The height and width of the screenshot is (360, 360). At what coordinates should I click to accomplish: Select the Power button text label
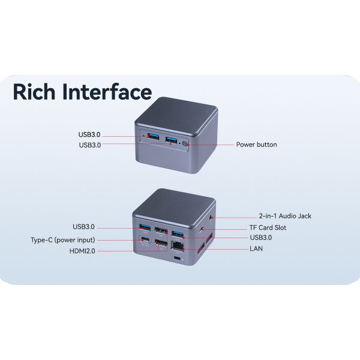(x=256, y=145)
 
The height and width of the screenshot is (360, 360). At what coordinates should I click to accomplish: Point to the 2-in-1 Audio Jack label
(x=285, y=216)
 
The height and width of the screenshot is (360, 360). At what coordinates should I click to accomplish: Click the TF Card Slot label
(x=268, y=228)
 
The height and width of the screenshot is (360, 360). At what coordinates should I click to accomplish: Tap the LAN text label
(x=256, y=248)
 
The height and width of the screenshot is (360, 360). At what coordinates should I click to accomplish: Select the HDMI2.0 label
(x=82, y=251)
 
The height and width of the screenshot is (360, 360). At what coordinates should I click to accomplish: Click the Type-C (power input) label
(x=62, y=240)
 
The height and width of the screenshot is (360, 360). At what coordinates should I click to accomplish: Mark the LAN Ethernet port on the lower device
(x=178, y=245)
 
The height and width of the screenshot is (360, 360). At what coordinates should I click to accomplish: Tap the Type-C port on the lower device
(x=145, y=242)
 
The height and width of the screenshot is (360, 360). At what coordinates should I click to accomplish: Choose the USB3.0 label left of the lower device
(x=83, y=227)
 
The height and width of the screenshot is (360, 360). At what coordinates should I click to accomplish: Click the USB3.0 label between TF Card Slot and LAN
(x=260, y=238)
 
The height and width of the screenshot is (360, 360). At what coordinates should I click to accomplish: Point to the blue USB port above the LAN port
(x=178, y=233)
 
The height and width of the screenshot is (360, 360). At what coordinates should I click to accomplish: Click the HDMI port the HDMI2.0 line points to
(x=160, y=245)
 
